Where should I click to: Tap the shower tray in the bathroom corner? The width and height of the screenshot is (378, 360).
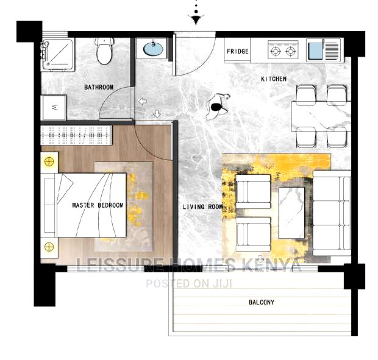58,55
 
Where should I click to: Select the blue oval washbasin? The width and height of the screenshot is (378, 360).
152,48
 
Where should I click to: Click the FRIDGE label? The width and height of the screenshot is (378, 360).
238,51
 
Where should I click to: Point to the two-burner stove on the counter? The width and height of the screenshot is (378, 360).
283,50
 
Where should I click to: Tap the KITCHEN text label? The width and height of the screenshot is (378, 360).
274,79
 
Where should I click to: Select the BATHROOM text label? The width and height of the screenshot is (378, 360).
99,88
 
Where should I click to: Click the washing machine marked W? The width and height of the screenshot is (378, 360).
55,108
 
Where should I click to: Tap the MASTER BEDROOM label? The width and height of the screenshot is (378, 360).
98,205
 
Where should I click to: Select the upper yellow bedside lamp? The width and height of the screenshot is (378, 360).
49,162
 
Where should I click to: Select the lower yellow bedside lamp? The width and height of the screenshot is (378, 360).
49,247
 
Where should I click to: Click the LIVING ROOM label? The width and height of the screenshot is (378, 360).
203,207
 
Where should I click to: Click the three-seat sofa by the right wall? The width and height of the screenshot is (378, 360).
332,213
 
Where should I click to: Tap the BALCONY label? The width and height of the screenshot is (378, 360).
261,302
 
